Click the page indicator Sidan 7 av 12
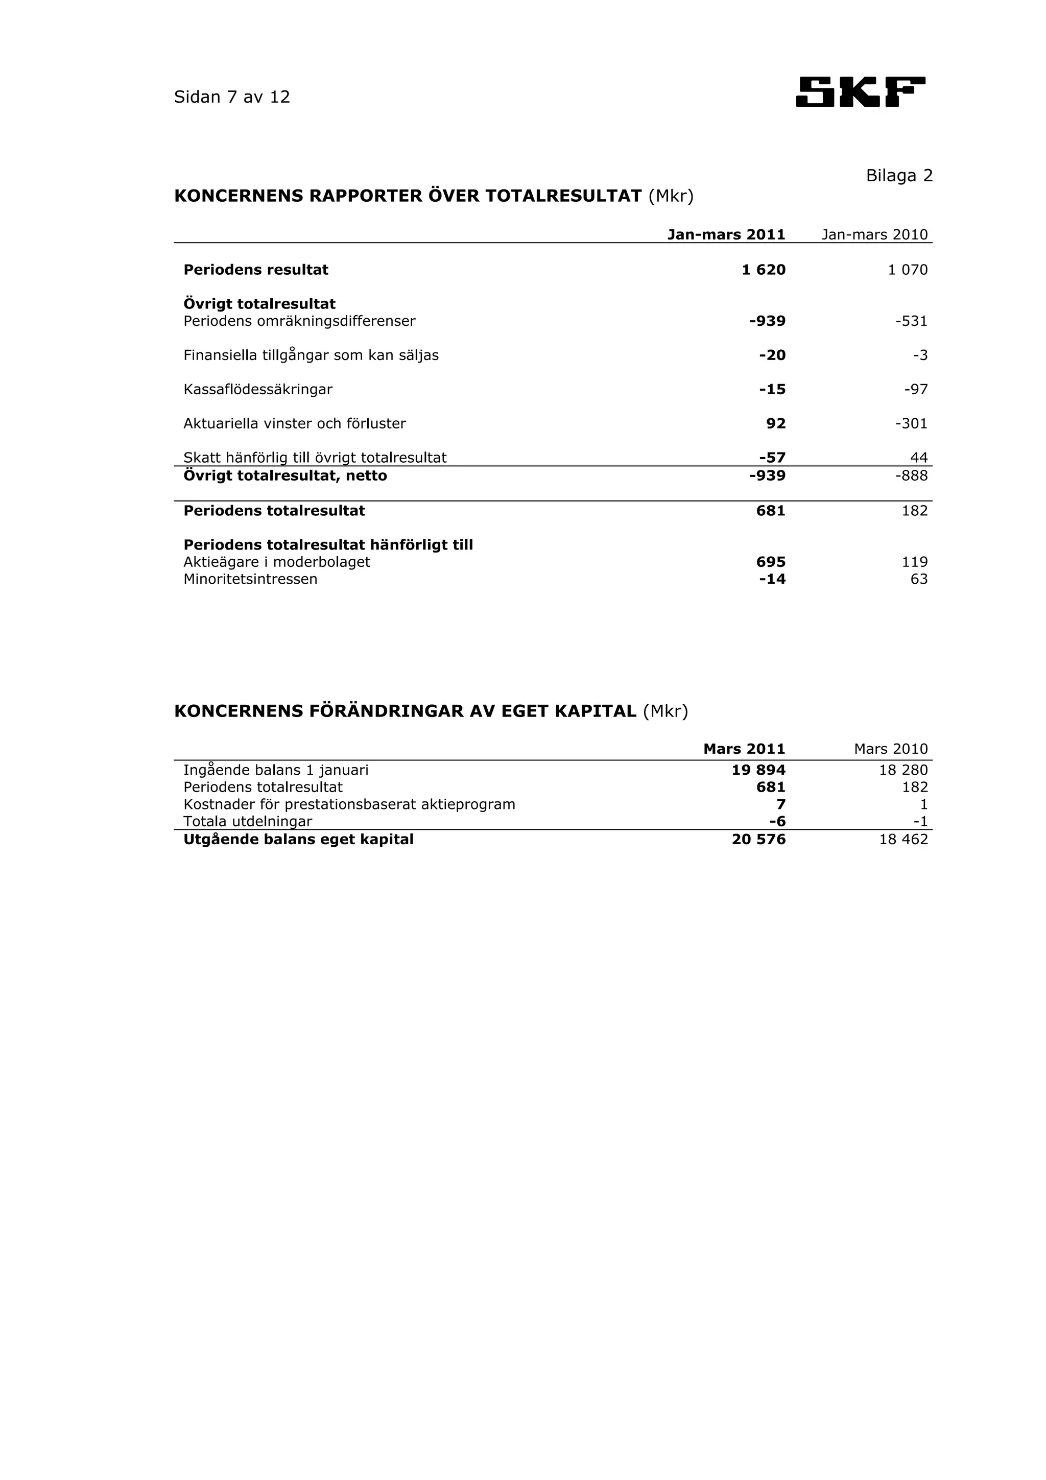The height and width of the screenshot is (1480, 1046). (232, 98)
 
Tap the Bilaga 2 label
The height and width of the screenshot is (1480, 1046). (898, 175)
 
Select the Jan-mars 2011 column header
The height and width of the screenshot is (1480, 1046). (726, 234)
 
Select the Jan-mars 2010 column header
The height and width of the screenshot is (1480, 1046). (874, 234)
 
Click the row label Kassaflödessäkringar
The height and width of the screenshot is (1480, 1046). (258, 389)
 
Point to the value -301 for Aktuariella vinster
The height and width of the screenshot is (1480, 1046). (911, 423)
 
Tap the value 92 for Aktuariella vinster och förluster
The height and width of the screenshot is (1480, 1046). (775, 423)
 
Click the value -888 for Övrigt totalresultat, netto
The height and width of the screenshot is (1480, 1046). (911, 476)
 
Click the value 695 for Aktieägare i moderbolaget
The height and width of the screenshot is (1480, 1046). (770, 562)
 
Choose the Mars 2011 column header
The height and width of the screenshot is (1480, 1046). (744, 749)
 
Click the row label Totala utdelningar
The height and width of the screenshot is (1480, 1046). (248, 821)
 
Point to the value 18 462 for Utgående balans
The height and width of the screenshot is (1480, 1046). (903, 839)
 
